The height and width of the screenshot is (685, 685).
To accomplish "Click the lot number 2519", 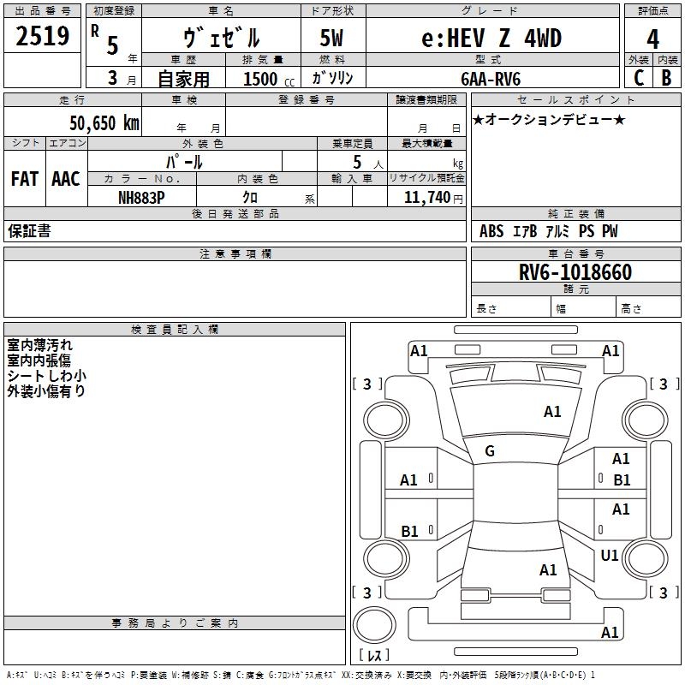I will coord(43,37).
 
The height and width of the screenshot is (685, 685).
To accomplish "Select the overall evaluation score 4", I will coord(652,39).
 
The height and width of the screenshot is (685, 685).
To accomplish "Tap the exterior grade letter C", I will coord(638,77).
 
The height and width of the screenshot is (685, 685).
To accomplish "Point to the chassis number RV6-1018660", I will coord(575,272).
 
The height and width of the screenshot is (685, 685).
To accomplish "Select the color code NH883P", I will coord(141,197).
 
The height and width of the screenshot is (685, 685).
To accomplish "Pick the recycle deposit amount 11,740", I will coord(425,197).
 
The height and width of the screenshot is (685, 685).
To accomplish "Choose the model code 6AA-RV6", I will coord(490,78).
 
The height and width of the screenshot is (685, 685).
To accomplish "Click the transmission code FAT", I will coord(24,179).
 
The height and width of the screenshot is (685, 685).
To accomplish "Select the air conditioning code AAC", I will coord(65,179).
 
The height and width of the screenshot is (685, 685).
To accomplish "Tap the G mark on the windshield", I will coord(490,451).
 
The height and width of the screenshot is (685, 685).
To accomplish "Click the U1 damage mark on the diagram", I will coord(610,556).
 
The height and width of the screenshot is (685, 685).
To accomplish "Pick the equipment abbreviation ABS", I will coord(491,231).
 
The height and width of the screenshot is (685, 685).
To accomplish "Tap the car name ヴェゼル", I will coord(222,39).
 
